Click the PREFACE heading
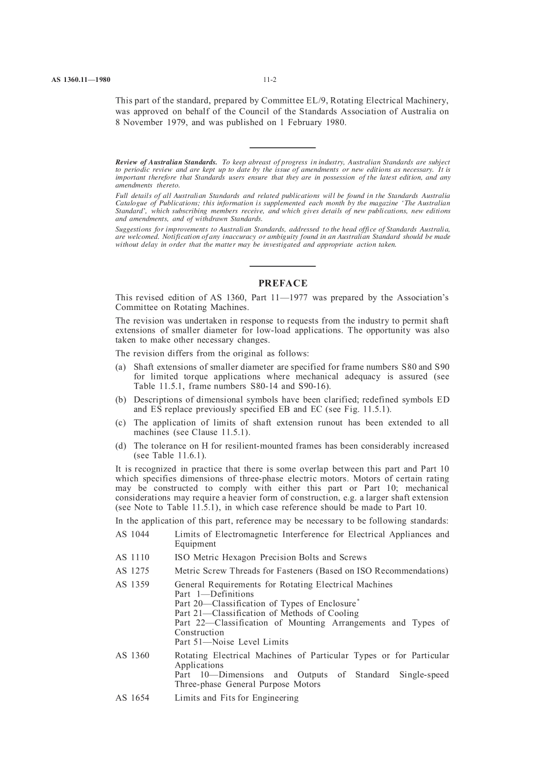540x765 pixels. (x=283, y=283)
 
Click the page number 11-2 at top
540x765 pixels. (x=269, y=80)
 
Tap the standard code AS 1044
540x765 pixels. (x=132, y=534)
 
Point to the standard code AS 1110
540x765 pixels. (x=132, y=557)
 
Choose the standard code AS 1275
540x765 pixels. (x=132, y=571)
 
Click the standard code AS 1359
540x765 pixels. (x=132, y=585)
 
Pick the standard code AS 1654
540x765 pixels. (x=132, y=698)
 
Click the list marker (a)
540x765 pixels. (x=121, y=367)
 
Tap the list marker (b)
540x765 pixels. (x=121, y=400)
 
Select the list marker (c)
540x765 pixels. (x=121, y=423)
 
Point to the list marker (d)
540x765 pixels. (x=121, y=446)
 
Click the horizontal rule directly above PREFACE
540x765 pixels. (x=283, y=266)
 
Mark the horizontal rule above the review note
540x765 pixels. (x=283, y=147)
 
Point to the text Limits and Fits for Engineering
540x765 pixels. (x=236, y=698)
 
